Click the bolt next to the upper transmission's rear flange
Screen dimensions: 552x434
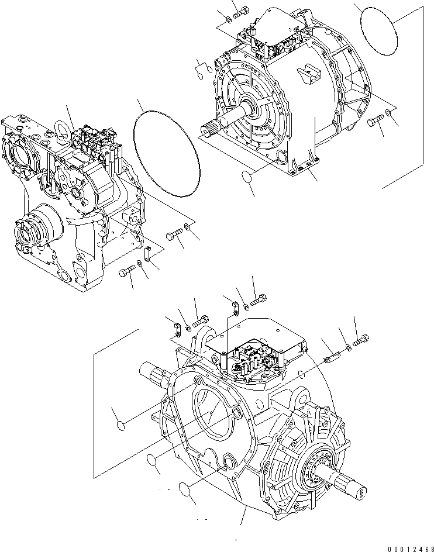coord(376,121)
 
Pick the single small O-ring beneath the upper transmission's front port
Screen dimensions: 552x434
coord(248,177)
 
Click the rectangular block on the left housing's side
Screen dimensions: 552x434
coord(131,220)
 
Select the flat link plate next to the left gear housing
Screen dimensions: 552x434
coord(148,253)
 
